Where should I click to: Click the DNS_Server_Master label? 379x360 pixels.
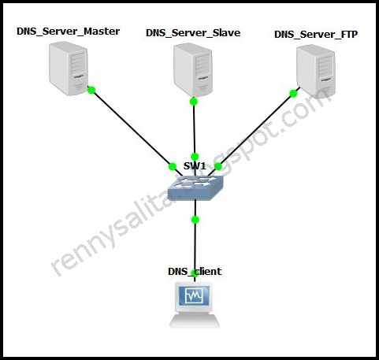68,31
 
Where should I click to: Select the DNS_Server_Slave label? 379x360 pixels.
193,32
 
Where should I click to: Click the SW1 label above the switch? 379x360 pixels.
195,166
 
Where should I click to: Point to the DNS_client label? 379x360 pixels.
195,272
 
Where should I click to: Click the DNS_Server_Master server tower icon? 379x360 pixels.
68,67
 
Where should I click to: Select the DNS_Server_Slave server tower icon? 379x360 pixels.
194,68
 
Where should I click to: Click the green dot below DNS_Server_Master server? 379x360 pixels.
91,90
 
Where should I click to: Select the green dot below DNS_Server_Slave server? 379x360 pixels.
194,100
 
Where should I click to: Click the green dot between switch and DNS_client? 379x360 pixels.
195,219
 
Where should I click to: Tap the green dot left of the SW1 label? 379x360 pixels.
172,166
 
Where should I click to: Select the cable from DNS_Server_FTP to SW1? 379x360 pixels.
252,130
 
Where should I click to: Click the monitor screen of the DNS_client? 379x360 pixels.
194,297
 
